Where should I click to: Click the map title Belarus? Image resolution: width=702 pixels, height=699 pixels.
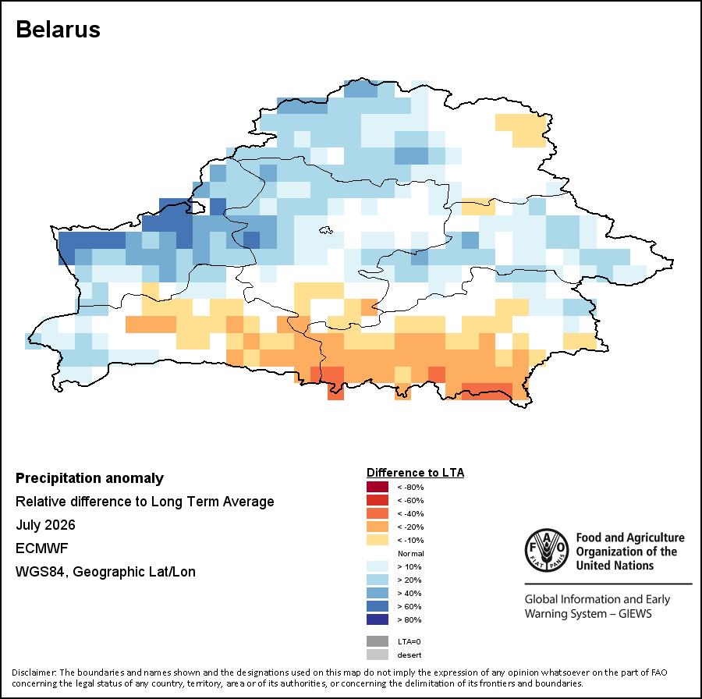58,30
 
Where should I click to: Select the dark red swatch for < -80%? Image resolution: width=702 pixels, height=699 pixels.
378,487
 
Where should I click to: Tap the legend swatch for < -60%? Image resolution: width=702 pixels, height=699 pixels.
378,500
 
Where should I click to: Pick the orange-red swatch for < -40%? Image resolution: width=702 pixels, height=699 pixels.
378,513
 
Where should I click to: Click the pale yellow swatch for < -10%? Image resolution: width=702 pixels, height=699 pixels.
378,540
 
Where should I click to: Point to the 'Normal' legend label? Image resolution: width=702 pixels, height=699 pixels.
410,553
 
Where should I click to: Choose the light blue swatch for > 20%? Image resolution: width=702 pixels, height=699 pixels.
378,580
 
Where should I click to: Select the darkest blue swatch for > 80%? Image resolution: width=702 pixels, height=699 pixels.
378,619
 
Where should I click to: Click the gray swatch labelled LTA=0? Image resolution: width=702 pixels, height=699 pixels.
378,641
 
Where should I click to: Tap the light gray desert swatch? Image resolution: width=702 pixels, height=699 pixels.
378,655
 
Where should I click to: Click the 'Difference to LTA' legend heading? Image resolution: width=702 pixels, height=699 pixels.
415,473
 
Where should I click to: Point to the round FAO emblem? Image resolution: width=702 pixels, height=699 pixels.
547,550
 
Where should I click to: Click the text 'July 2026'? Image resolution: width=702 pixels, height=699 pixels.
45,525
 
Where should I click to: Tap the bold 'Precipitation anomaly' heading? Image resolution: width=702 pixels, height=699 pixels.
90,478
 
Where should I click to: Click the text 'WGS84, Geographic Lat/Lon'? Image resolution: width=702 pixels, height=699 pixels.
105,572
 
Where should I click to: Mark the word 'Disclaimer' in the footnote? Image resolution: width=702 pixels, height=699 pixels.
34,672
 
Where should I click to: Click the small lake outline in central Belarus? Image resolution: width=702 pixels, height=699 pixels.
326,230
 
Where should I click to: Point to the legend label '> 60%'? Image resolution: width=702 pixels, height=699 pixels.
409,607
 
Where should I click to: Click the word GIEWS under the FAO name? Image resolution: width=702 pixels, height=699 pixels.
635,613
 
